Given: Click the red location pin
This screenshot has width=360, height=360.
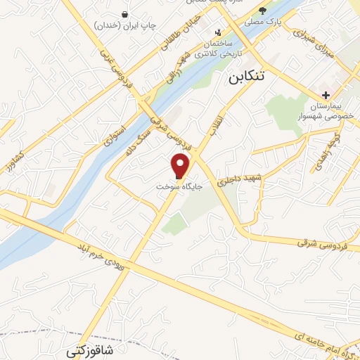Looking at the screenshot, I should pos(180,166).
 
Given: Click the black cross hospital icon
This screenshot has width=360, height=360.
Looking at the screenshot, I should pos(326,95).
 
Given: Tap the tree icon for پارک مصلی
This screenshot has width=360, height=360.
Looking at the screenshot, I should pos(263,11).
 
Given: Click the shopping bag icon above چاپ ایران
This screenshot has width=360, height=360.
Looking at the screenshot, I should pos(125,14).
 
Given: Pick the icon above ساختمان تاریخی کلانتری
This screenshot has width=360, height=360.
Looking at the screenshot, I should pos(218,32).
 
